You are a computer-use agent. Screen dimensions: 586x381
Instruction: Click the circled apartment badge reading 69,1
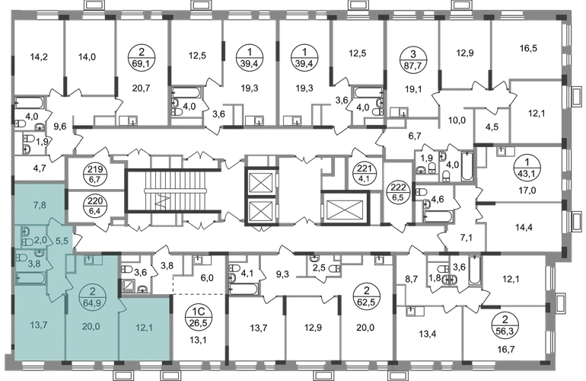pos(141,58)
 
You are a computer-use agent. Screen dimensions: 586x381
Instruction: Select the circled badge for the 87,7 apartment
pos(412,58)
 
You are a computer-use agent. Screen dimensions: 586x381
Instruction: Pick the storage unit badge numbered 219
pos(95,174)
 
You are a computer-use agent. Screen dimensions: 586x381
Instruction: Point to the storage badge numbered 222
pos(397,192)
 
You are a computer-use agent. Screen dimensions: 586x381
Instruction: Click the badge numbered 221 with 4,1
pos(361,174)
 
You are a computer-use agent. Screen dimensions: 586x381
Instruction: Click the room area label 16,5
pos(528,48)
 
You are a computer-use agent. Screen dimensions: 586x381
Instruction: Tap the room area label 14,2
pos(39,57)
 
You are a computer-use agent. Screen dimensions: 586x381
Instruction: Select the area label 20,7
pos(141,88)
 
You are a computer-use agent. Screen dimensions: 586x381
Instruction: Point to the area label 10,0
pos(457,120)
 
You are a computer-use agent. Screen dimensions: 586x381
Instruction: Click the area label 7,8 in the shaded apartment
pos(40,204)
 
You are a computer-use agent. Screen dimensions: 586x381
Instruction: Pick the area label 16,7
pos(506,350)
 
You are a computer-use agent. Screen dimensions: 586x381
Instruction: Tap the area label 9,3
pos(282,274)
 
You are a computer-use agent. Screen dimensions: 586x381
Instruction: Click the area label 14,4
pos(524,227)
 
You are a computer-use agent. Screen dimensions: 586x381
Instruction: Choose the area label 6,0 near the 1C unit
pos(207,277)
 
